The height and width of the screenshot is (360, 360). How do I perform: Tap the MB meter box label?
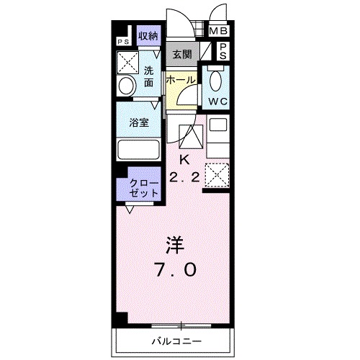218,31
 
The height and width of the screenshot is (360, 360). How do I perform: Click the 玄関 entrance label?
181,54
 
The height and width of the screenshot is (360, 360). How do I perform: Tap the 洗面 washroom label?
148,76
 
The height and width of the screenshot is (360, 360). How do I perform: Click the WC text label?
218,102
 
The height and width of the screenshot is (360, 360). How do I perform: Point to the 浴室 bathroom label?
139,122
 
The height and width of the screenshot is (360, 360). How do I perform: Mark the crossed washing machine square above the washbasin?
130,63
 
